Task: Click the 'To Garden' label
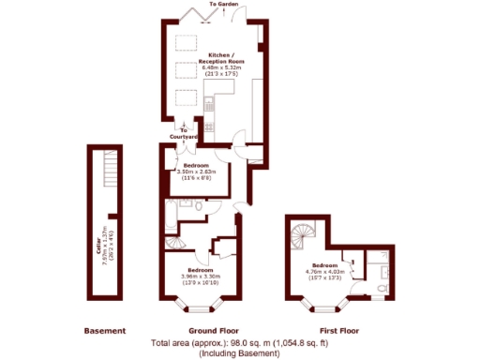click(x=223, y=5)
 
